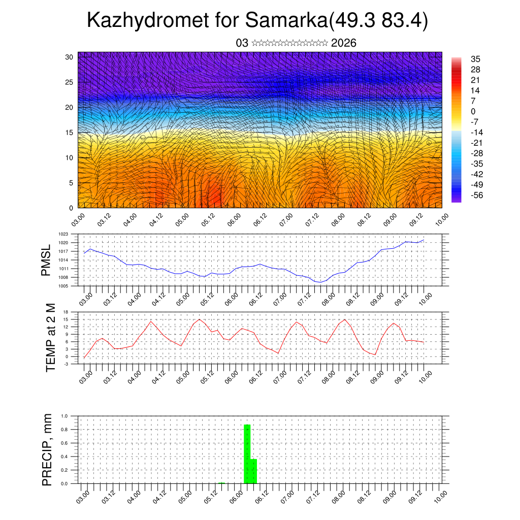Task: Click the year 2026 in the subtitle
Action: pyautogui.click(x=343, y=43)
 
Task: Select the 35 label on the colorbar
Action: pyautogui.click(x=476, y=59)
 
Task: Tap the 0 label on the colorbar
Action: pyautogui.click(x=473, y=111)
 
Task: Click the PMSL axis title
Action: pyautogui.click(x=46, y=261)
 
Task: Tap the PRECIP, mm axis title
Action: pyautogui.click(x=47, y=450)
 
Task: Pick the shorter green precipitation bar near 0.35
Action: pyautogui.click(x=254, y=471)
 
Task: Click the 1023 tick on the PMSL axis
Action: pyautogui.click(x=63, y=234)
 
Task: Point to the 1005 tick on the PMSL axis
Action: pyautogui.click(x=63, y=286)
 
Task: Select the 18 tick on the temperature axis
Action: pyautogui.click(x=66, y=312)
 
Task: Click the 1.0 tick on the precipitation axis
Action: pyautogui.click(x=64, y=416)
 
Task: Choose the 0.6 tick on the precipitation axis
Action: pyautogui.click(x=64, y=443)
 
